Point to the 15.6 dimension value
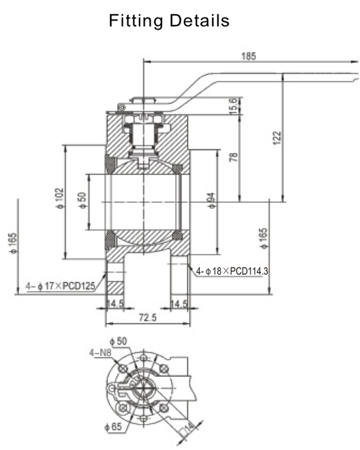(x=233, y=106)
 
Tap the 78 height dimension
(x=233, y=157)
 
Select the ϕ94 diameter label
(x=212, y=201)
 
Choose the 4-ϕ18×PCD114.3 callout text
(x=231, y=271)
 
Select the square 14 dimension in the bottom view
(x=188, y=427)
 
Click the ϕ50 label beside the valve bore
(x=82, y=199)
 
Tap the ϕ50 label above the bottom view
(x=120, y=340)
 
